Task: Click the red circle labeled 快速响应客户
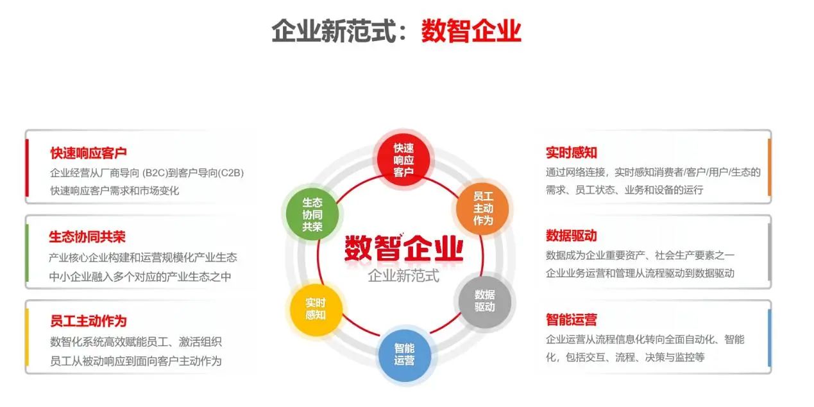(x=403, y=160)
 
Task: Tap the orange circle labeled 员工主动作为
(x=482, y=209)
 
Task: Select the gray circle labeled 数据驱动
(x=484, y=301)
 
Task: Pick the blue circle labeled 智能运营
(x=404, y=355)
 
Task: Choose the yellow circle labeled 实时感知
(x=316, y=309)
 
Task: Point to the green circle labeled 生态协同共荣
(x=312, y=214)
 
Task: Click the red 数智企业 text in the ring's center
(x=403, y=248)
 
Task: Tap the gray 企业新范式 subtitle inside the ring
(x=403, y=275)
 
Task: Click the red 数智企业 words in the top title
(x=471, y=31)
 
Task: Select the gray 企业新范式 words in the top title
(x=334, y=31)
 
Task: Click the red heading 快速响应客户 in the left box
(x=89, y=153)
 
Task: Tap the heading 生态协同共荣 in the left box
(x=87, y=237)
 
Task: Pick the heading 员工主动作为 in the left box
(x=89, y=321)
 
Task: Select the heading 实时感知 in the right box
(x=572, y=152)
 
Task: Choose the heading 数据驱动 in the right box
(x=572, y=236)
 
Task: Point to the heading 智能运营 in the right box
(x=572, y=320)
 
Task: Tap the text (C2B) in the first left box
(x=231, y=173)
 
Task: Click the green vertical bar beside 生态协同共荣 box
(x=27, y=253)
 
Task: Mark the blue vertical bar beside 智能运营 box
(x=769, y=338)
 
